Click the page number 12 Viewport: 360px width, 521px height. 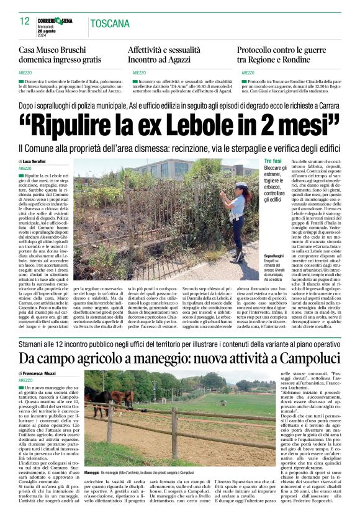pyautogui.click(x=24, y=21)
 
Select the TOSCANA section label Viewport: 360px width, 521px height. pyautogui.click(x=110, y=24)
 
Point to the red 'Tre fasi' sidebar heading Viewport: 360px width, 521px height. pyautogui.click(x=272, y=161)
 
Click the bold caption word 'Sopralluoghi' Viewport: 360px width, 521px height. pyautogui.click(x=274, y=256)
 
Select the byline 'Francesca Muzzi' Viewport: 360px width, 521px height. pyautogui.click(x=42, y=373)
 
